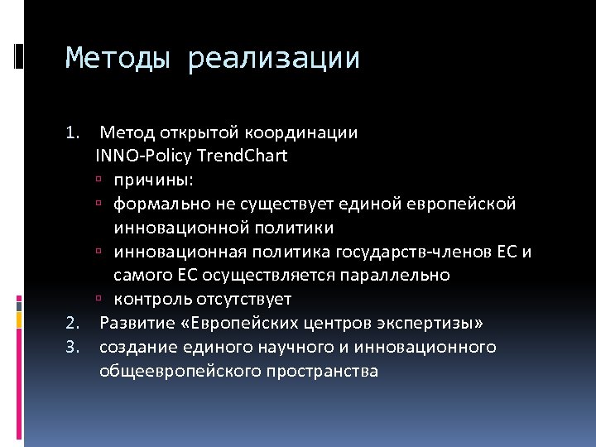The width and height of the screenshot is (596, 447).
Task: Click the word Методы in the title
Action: coord(120,59)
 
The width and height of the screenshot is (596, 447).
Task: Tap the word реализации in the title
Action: coord(273,59)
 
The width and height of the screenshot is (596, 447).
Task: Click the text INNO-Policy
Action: coord(140,156)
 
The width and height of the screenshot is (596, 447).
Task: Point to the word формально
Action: coord(155,204)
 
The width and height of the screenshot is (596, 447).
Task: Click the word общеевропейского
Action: coord(180,371)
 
